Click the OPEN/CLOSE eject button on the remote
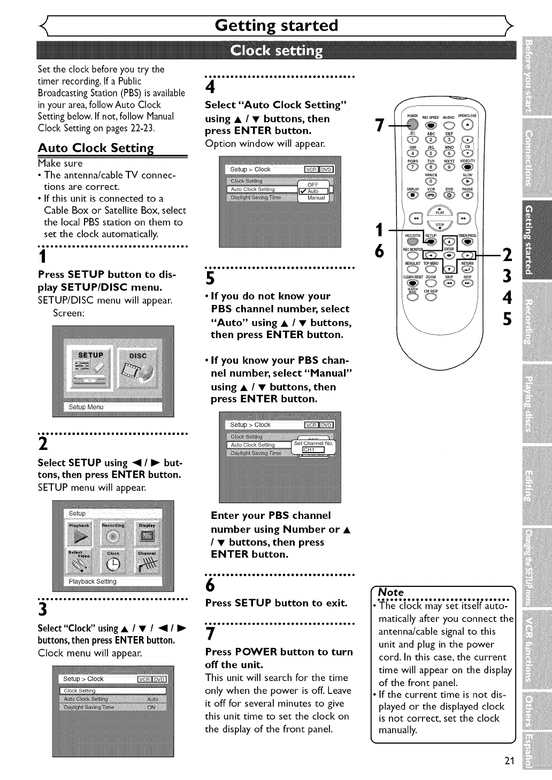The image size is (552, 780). [467, 124]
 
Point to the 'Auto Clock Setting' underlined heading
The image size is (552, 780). [96, 148]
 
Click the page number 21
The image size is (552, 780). [509, 761]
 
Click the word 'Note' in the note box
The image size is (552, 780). [391, 592]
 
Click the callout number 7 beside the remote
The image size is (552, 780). [379, 125]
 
